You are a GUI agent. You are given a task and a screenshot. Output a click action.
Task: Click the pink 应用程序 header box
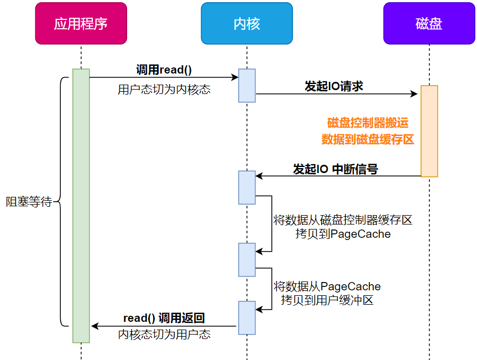point(81,23)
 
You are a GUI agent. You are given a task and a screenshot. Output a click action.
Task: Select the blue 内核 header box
point(247,23)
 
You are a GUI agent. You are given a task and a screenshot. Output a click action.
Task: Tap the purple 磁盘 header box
point(429,23)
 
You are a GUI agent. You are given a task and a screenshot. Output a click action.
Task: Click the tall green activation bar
point(81,205)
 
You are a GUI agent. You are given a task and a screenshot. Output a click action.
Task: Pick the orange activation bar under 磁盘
point(429,131)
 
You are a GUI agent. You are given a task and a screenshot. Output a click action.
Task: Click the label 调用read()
point(164,70)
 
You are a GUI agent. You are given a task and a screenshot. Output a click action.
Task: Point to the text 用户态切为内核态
point(164,90)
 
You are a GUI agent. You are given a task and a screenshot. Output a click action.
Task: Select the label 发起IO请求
point(334,86)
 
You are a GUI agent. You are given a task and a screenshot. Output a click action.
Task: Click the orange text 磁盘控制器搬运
point(368,123)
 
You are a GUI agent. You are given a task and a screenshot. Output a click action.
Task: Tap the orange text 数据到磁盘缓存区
point(368,139)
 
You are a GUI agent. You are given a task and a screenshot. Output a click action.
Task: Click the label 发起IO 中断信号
point(336,169)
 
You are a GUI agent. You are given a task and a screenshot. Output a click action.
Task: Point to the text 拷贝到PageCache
point(343,234)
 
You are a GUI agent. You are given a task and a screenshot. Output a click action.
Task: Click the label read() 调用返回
point(164,318)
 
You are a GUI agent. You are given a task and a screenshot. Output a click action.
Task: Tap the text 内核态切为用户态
point(164,334)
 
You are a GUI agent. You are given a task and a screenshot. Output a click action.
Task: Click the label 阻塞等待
point(29,202)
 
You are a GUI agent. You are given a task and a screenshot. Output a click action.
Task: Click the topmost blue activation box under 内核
point(247,86)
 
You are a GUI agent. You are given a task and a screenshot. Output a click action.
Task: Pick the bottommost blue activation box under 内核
point(247,317)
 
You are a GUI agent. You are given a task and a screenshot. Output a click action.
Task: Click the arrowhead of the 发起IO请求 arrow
point(415,94)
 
